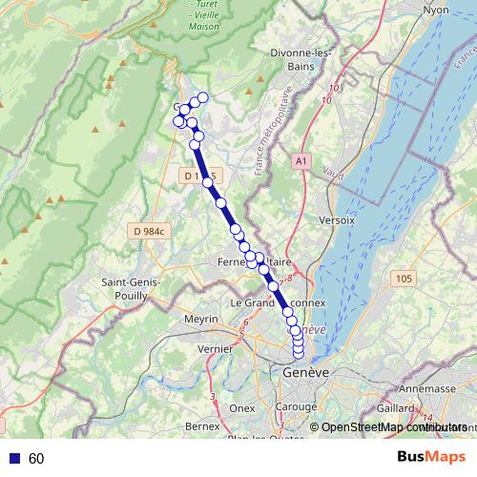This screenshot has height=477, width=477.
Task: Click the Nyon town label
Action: [x=436, y=10]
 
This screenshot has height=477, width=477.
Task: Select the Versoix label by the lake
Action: [x=338, y=219]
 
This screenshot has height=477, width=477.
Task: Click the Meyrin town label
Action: [x=200, y=319]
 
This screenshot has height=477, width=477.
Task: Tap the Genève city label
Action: [x=305, y=372]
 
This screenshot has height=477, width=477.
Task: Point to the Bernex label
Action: [x=202, y=425]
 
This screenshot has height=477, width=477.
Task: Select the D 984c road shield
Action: [x=150, y=231]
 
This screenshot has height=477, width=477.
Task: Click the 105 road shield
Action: [x=402, y=278]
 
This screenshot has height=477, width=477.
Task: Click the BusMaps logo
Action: [x=431, y=457]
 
